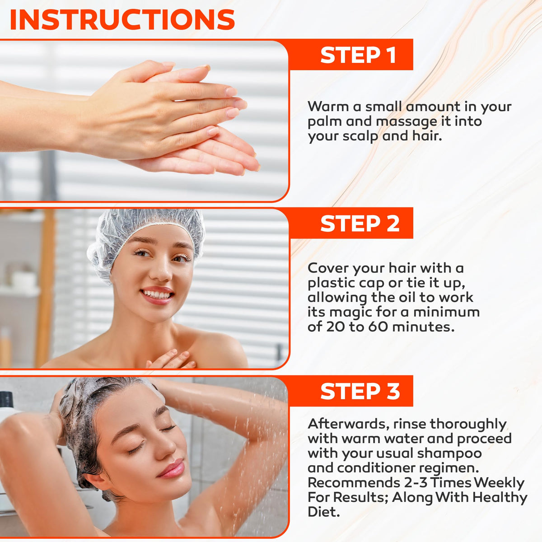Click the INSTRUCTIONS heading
click(x=122, y=19)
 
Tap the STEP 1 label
click(x=358, y=55)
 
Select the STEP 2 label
click(x=360, y=224)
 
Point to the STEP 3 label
click(x=360, y=391)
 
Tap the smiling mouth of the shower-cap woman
click(x=157, y=295)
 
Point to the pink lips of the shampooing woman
click(x=171, y=469)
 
